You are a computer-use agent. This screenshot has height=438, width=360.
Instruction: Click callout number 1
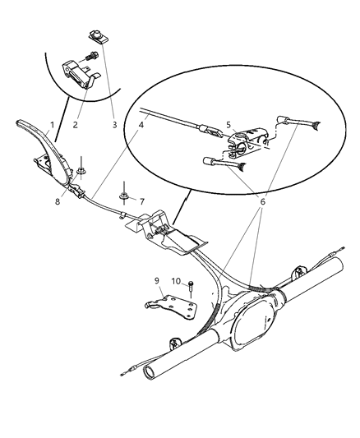[51, 126]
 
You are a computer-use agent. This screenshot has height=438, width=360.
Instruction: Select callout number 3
[114, 126]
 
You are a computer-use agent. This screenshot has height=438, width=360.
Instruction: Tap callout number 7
[141, 201]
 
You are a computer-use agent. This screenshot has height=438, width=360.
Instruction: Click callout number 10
[176, 282]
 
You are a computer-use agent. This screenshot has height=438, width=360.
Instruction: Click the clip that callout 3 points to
[95, 35]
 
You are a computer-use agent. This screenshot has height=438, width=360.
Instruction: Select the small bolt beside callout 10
[191, 288]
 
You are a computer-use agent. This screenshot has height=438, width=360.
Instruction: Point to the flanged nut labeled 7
[122, 196]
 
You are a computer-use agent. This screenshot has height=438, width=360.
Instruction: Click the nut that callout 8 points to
[84, 173]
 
